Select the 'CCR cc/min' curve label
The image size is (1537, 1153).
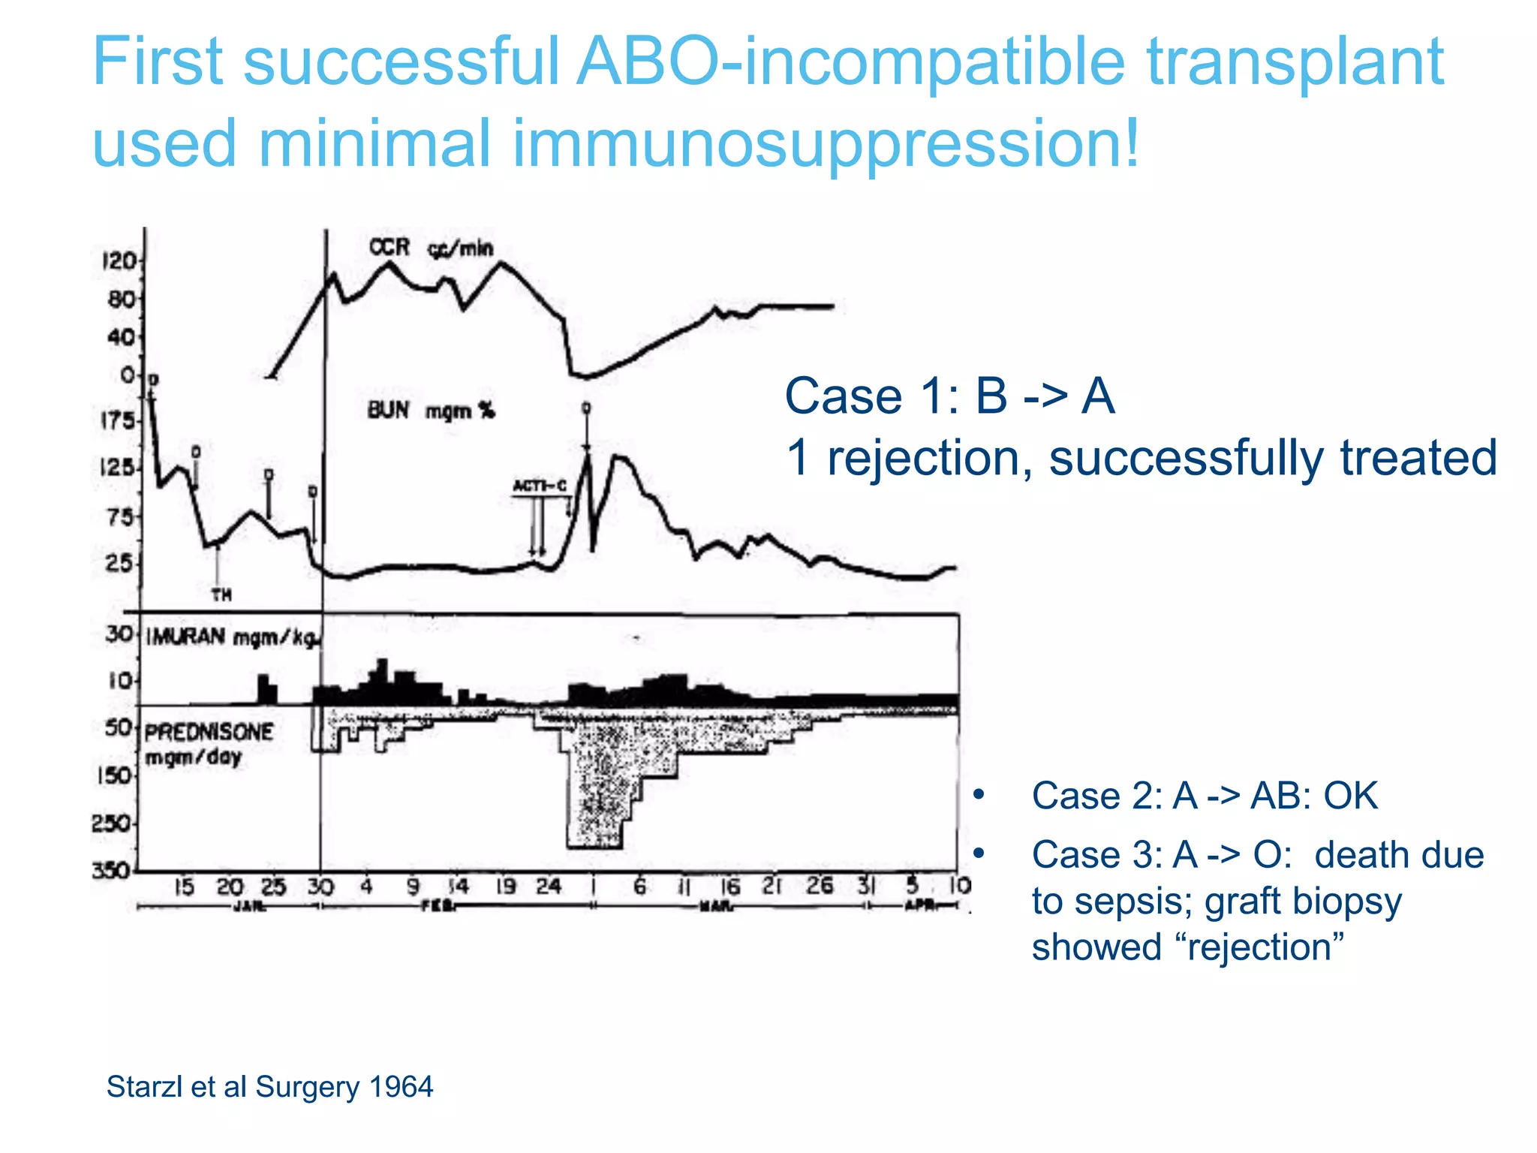(430, 248)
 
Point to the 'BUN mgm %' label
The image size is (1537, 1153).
(430, 411)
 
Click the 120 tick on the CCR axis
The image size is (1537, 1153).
(118, 261)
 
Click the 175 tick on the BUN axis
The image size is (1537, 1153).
(116, 420)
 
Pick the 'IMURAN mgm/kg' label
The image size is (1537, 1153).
(233, 638)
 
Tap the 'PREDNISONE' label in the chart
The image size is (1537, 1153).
(209, 732)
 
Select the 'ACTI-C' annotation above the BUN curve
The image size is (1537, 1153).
(539, 486)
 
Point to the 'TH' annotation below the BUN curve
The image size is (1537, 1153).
(221, 595)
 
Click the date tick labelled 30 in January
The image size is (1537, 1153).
(320, 887)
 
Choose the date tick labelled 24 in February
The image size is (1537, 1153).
(548, 887)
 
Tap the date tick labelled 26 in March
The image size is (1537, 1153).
(820, 887)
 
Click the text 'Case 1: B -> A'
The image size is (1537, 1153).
(949, 396)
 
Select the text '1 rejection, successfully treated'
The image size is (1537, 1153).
(1141, 458)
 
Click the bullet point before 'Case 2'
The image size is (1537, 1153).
(978, 795)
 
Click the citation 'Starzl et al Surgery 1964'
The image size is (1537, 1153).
(269, 1087)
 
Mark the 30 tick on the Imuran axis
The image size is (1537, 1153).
(119, 634)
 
